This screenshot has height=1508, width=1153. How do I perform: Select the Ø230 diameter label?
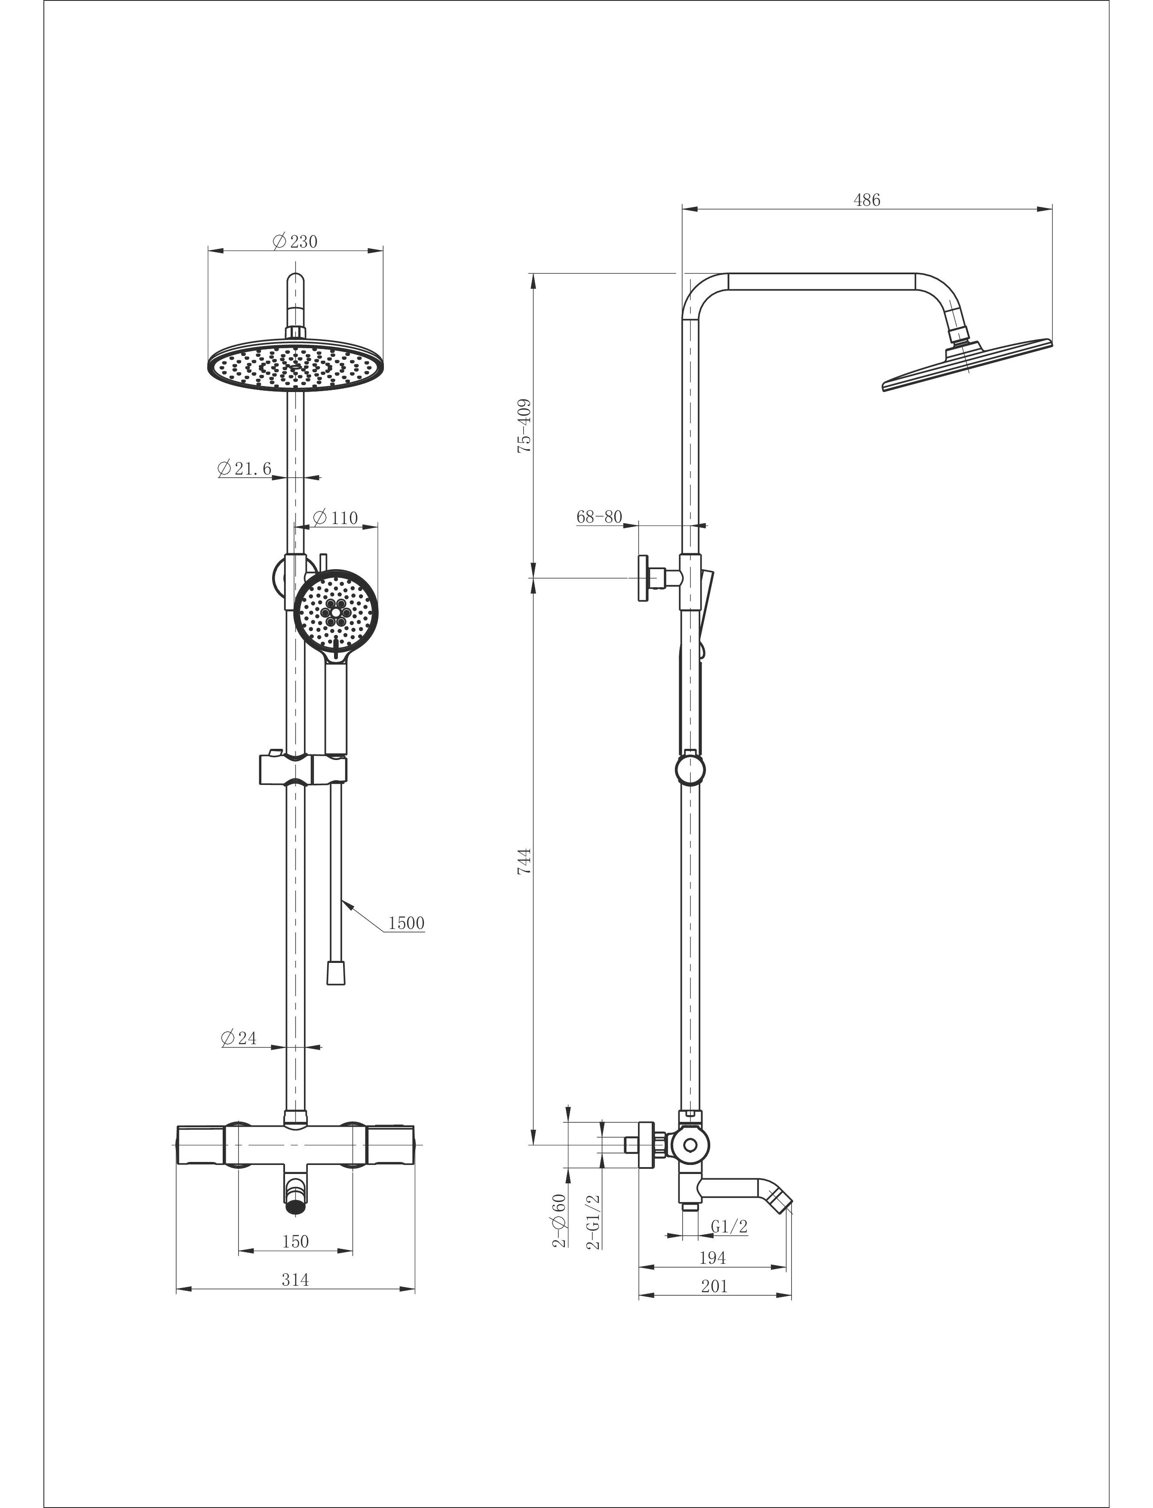pos(295,242)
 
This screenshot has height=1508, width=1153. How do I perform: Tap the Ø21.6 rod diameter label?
pos(244,469)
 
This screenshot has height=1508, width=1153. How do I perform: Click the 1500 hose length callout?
pos(406,923)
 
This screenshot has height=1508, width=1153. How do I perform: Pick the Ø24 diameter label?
pos(239,1038)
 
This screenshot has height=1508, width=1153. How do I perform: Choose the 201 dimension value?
pos(714,1286)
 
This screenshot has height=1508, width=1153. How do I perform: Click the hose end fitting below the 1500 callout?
pos(336,973)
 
